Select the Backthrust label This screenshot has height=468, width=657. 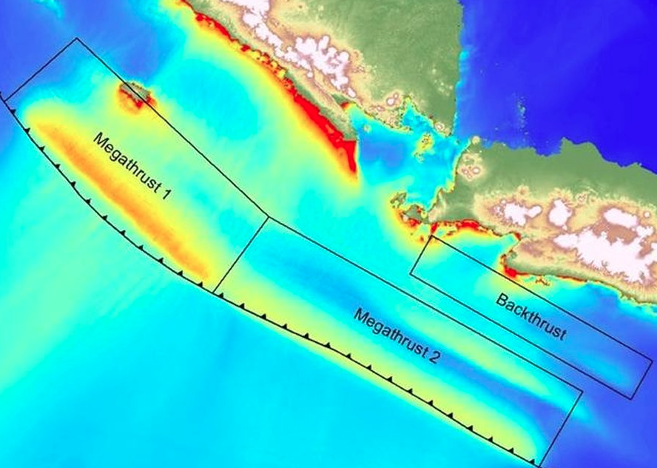531,317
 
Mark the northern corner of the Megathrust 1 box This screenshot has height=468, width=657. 77,39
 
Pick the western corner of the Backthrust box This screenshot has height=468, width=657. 411,273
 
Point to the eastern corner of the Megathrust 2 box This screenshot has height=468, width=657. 582,389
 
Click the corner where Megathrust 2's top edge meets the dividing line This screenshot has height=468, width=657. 267,218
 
